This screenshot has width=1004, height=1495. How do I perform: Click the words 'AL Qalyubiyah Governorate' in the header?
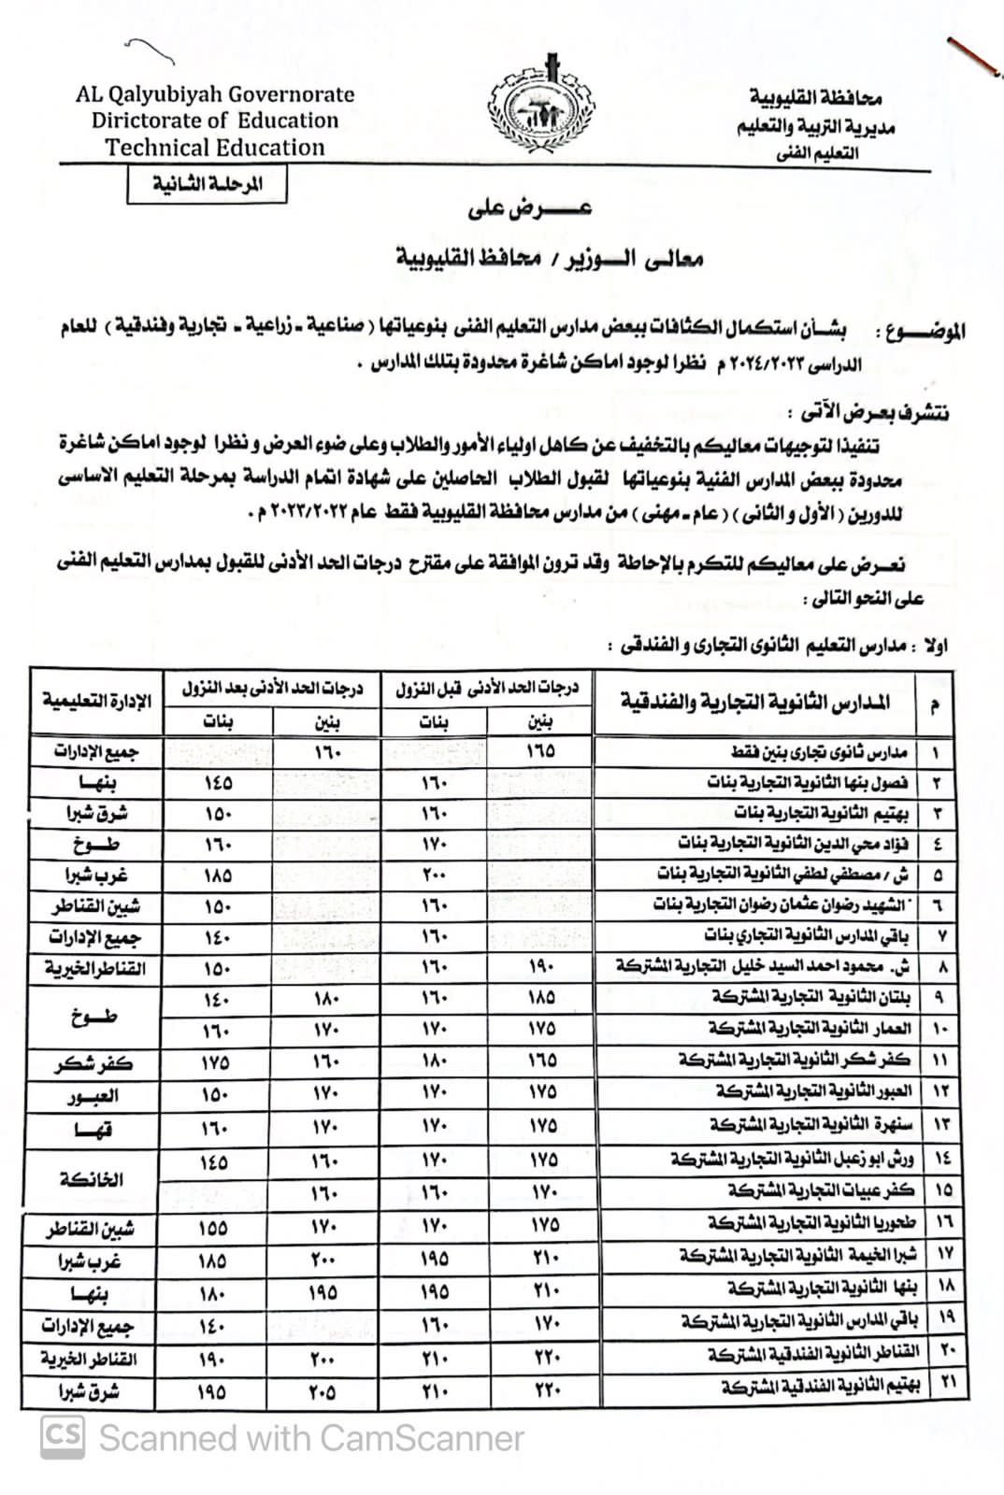[216, 94]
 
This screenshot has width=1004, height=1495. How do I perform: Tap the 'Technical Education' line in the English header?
[215, 148]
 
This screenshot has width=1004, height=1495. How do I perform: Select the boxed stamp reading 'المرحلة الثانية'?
[208, 184]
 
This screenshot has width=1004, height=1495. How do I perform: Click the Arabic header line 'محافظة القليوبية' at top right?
[815, 97]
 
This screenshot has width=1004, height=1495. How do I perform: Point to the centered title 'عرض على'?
[530, 209]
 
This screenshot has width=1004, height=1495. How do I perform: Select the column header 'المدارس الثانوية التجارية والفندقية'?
[755, 702]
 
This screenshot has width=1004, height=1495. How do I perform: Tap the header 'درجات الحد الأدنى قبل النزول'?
[487, 690]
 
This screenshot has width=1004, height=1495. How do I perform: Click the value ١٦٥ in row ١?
[540, 750]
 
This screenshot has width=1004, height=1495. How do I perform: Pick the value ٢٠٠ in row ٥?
[435, 876]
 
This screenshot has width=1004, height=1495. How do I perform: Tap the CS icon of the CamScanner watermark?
[62, 1435]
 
